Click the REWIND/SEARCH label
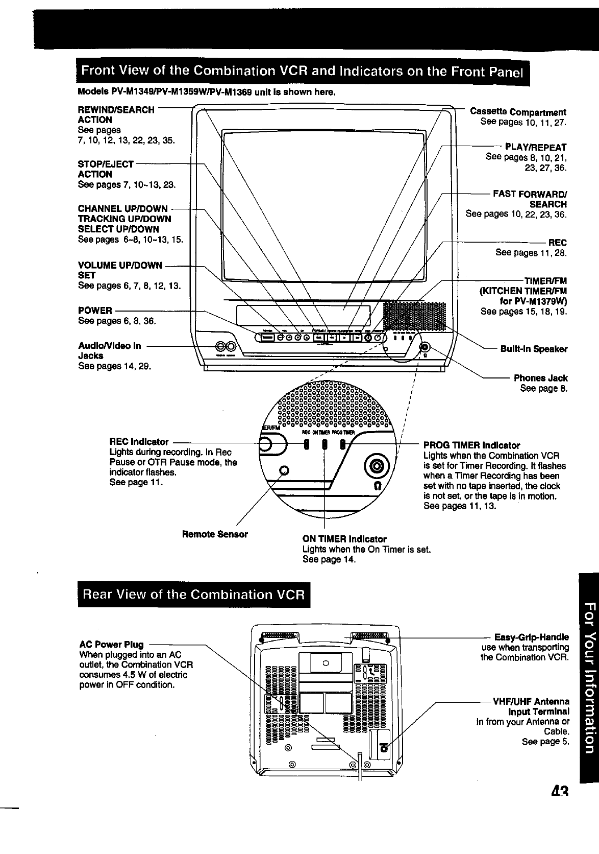click(116, 110)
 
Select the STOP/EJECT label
click(106, 164)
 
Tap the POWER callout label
click(95, 311)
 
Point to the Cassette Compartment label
click(517, 112)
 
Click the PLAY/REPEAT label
click(535, 148)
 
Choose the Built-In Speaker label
click(534, 349)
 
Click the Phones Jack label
click(540, 378)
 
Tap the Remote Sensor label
click(215, 534)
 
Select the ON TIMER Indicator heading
click(344, 539)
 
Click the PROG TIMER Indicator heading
click(471, 445)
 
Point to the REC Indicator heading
click(139, 442)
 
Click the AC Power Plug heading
click(111, 645)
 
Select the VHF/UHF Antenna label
click(531, 701)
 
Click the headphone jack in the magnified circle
click(378, 465)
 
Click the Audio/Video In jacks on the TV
click(225, 346)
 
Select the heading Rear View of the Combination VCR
click(194, 595)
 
